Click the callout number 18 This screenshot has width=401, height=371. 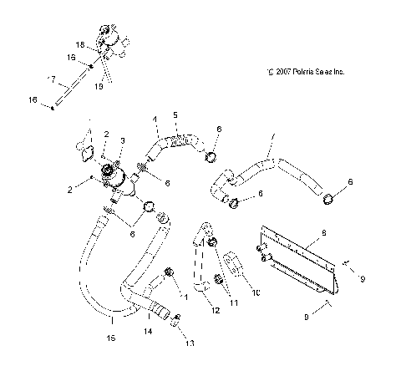[80, 44]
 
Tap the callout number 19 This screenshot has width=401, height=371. [99, 85]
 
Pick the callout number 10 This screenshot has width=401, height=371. [256, 293]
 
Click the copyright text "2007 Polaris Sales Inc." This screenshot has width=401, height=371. [305, 72]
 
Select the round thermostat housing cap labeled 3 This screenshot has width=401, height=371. [112, 173]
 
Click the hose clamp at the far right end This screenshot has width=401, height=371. [328, 198]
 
